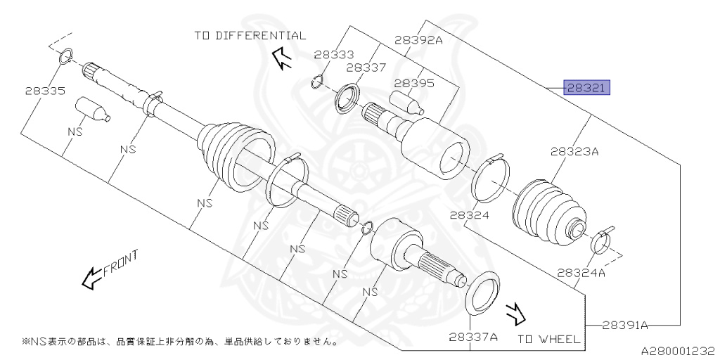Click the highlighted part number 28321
pos(586,88)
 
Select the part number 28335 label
pos(44,91)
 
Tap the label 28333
pos(334,54)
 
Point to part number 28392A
pos(418,41)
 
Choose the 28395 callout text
pos(414,83)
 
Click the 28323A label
pos(574,150)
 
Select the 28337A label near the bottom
pos(473,337)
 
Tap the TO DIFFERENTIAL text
pos(250,35)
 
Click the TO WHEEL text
pos(549,339)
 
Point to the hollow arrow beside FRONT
pos(91,278)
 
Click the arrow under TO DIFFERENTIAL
pos(282,59)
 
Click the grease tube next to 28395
pos(408,102)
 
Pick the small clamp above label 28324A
pos(601,240)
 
